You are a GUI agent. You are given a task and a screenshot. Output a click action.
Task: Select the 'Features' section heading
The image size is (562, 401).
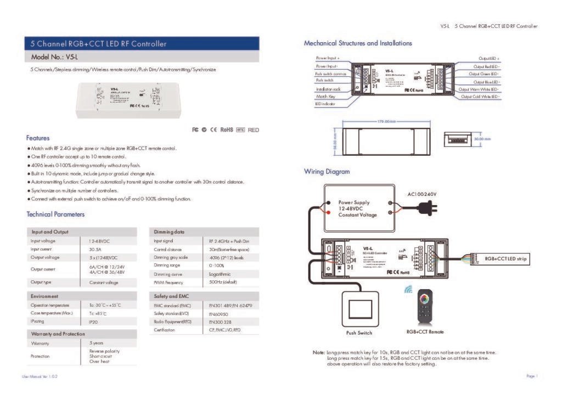[38, 138]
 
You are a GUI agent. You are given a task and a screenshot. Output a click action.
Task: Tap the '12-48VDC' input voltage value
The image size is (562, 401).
[99, 241]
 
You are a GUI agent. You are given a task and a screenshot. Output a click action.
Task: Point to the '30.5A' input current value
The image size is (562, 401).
[95, 249]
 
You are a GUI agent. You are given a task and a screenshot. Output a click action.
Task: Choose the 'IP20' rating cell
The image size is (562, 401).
[93, 322]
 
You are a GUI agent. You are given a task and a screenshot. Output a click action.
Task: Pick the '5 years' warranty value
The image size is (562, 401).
[97, 342]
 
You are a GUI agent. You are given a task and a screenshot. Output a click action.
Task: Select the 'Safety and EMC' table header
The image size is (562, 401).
[172, 296]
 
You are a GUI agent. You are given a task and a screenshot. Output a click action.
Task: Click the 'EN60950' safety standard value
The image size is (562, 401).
[218, 313]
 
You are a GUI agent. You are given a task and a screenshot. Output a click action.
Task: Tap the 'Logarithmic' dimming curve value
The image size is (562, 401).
[220, 274]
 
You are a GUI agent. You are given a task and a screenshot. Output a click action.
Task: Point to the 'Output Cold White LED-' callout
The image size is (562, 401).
[479, 97]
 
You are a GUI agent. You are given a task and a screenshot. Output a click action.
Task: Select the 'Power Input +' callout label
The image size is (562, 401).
[328, 58]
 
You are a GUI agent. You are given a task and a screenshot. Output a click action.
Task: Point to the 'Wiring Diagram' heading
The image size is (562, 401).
[327, 172]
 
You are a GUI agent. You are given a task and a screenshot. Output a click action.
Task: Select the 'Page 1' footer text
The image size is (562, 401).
[531, 376]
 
